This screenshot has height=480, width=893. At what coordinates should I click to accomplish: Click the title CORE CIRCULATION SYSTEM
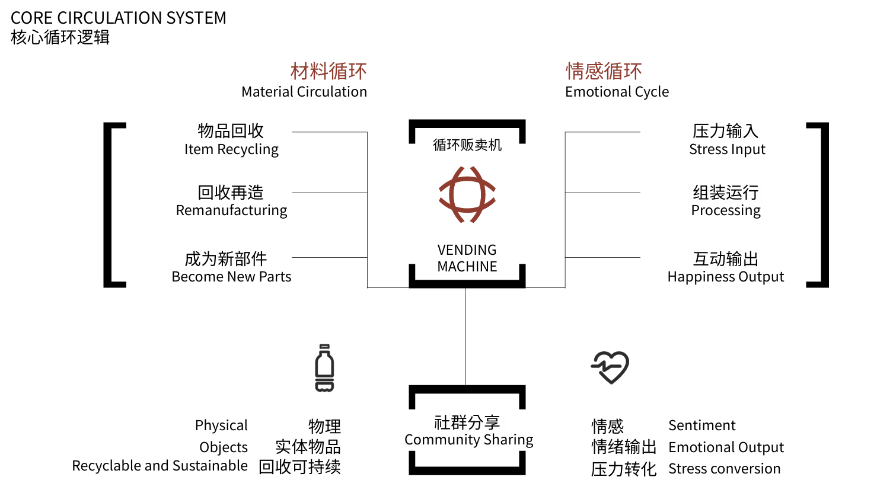coord(119,17)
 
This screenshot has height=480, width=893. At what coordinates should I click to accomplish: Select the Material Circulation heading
coord(304,92)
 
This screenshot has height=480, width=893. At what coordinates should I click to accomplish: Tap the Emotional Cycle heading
coord(617,92)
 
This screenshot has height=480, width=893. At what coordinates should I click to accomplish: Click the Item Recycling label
coord(231,149)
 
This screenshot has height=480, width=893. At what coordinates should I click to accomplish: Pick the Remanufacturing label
coord(231,210)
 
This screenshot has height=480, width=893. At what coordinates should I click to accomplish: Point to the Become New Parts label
coord(231,277)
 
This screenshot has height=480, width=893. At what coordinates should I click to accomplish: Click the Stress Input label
coord(727,149)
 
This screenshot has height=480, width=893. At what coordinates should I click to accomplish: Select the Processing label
coord(726,210)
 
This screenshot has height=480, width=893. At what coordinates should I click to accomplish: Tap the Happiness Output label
coord(726,277)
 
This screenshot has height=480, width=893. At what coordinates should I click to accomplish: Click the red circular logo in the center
coord(467,194)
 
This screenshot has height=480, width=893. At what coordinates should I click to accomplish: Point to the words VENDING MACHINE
coord(467,258)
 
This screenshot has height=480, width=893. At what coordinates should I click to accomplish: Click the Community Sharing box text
coord(468,440)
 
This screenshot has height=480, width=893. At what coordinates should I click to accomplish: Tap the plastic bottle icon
coord(324,368)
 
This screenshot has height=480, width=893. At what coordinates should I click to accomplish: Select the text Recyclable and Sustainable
coord(160,466)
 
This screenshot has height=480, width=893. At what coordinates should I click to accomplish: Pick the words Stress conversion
coord(724,469)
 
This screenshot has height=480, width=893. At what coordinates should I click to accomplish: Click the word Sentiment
coord(701,425)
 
